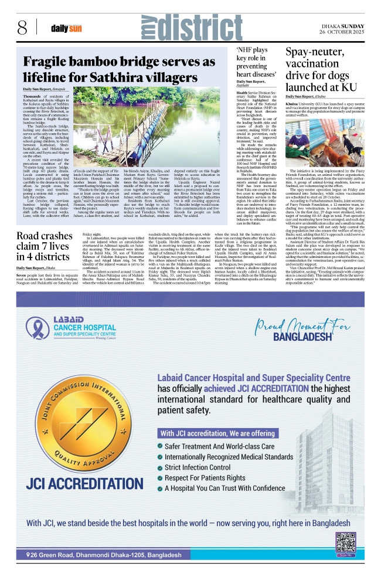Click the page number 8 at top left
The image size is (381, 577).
click(22, 27)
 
